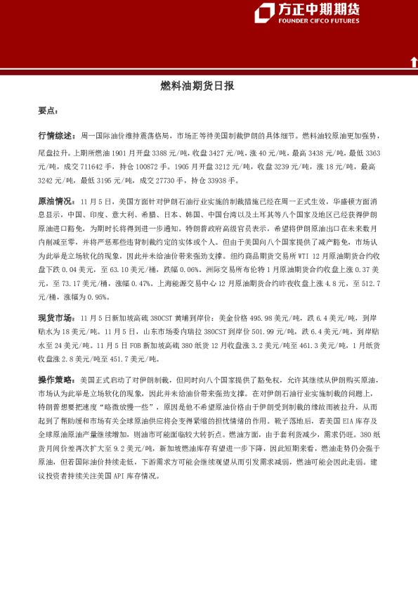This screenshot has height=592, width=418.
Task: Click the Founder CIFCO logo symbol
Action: [x=264, y=13]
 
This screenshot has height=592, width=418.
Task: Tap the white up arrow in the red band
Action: [x=414, y=63]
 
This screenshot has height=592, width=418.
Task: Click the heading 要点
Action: [x=48, y=111]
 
